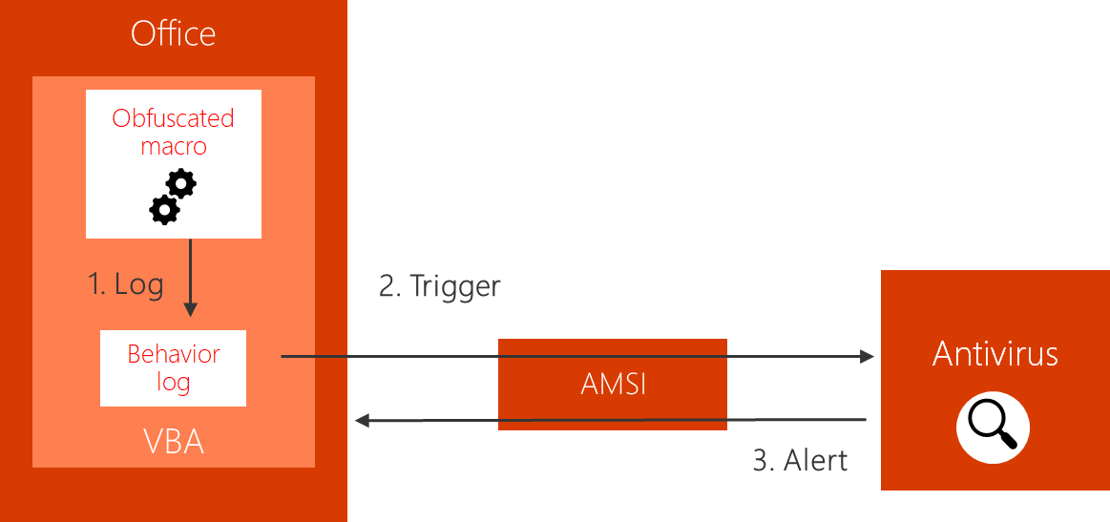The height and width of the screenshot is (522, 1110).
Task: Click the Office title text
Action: [x=173, y=34]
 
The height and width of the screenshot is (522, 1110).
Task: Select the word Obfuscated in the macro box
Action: [x=173, y=118]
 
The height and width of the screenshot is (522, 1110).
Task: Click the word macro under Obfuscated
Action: [x=173, y=146]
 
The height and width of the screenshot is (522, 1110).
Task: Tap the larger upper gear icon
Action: [x=180, y=183]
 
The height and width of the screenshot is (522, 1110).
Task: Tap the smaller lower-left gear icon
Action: [x=164, y=209]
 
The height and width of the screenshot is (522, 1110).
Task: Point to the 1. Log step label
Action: [x=126, y=284]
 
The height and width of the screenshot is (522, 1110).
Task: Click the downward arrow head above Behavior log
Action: [x=190, y=309]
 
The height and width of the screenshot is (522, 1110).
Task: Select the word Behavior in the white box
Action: [x=174, y=354]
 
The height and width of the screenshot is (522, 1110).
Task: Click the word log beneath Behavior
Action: [x=174, y=383]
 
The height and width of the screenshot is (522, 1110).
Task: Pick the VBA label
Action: [x=174, y=442]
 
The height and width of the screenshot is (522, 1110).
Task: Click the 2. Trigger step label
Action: [x=439, y=286]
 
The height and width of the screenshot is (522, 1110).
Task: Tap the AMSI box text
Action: [x=613, y=384]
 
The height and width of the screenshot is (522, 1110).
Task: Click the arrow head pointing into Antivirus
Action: [x=868, y=356]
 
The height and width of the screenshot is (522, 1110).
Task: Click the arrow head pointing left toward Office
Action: [x=362, y=420]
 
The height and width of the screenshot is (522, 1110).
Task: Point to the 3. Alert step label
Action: [x=800, y=460]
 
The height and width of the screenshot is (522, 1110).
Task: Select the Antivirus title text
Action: [x=995, y=354]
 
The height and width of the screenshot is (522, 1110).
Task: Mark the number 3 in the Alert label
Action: [x=761, y=460]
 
